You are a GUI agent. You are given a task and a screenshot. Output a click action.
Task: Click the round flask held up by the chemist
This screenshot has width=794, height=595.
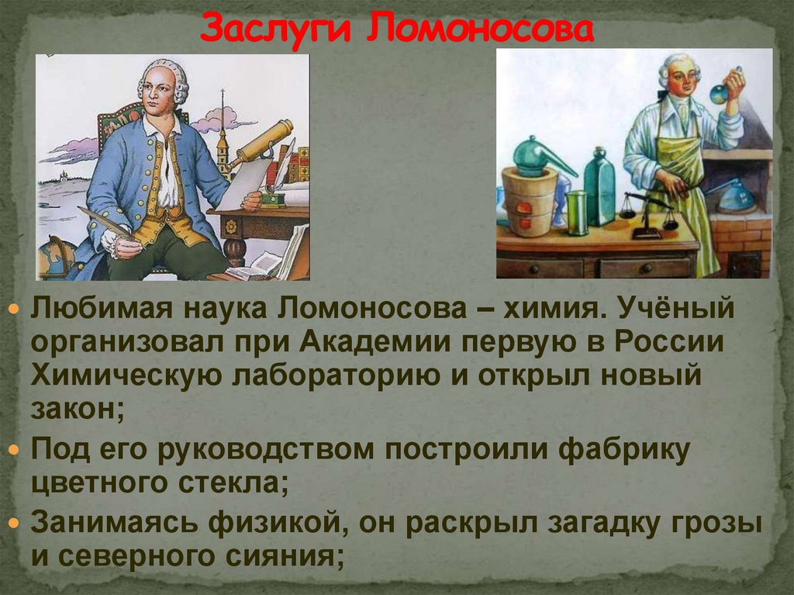[720, 94]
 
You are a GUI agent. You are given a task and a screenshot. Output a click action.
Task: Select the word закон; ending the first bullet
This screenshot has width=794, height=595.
[77, 409]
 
